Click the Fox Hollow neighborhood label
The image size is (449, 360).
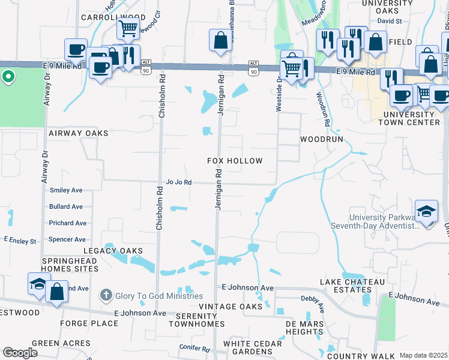235,161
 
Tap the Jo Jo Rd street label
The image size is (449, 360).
178,182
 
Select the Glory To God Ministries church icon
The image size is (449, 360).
106,295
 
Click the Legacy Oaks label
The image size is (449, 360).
113,251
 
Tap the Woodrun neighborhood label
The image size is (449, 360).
321,139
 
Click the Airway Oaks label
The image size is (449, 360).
79,133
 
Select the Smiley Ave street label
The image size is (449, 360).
66,190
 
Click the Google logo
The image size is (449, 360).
20,353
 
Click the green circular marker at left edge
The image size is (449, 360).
8,76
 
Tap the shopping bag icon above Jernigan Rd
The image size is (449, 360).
221,41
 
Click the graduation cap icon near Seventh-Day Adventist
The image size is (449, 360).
427,212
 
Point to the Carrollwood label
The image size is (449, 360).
107,18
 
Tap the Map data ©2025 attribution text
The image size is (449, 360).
423,355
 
